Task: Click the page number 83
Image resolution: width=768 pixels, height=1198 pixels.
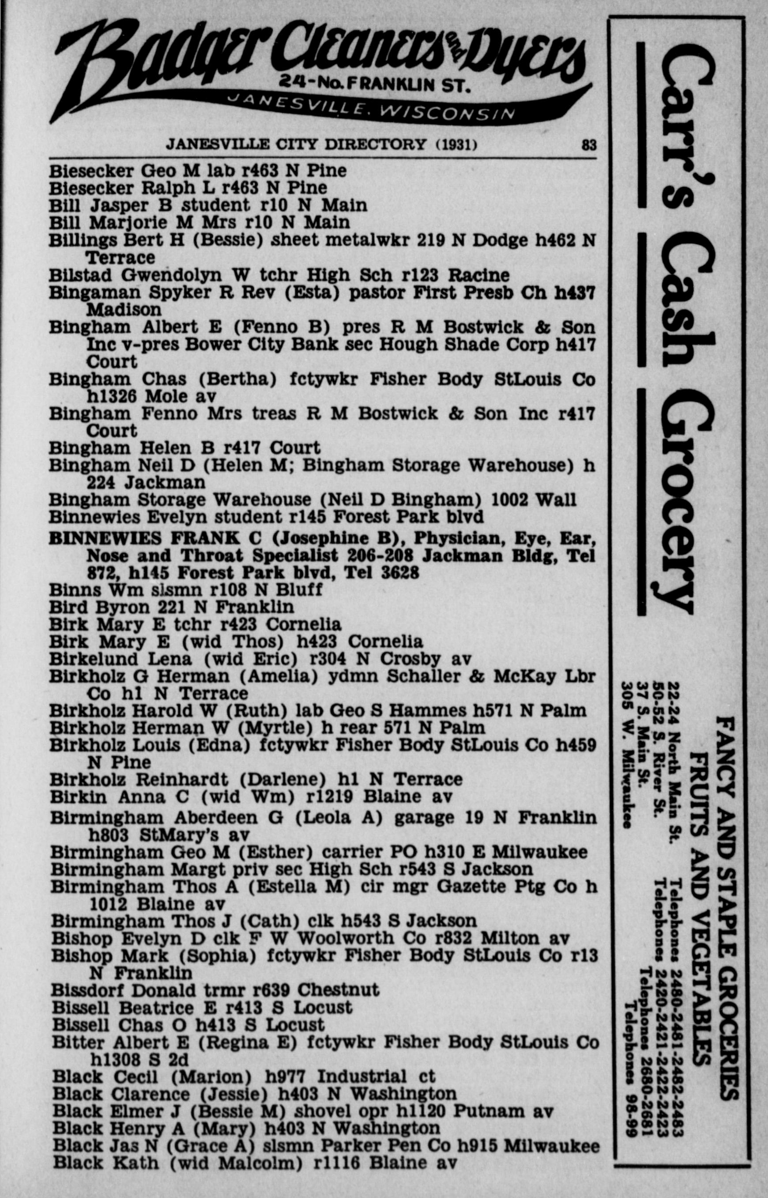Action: [589, 145]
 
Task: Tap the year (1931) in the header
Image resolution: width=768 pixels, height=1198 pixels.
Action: [457, 145]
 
